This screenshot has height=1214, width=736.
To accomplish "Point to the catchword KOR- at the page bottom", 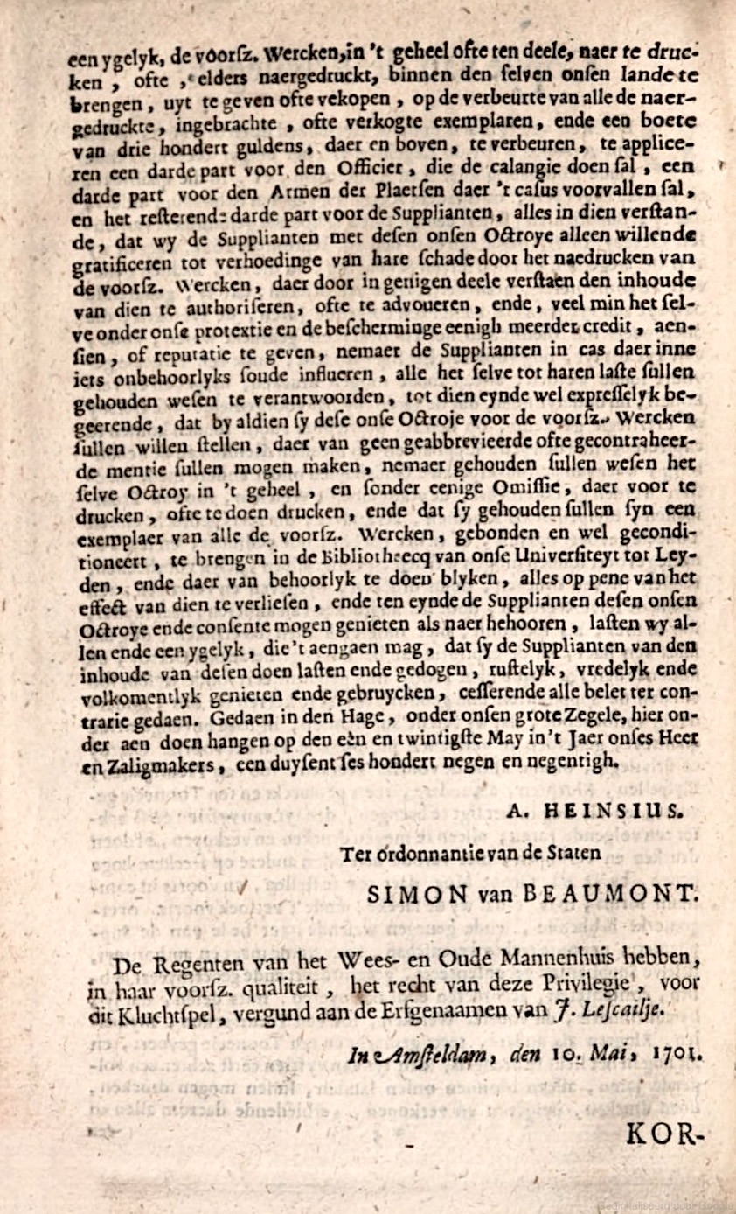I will [664, 1136].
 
